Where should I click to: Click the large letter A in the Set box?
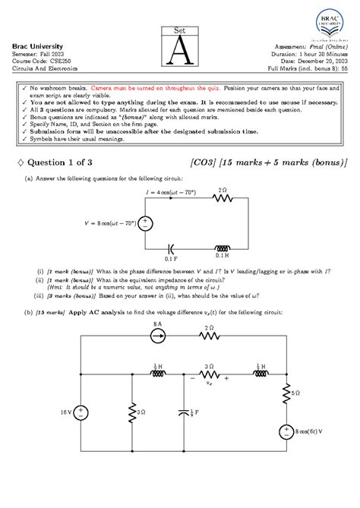(179, 50)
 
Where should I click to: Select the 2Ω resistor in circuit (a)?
(223, 199)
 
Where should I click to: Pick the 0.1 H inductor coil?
(223, 248)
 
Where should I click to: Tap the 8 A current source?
(159, 351)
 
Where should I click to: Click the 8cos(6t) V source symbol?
(289, 431)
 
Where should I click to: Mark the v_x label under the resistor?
(209, 383)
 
